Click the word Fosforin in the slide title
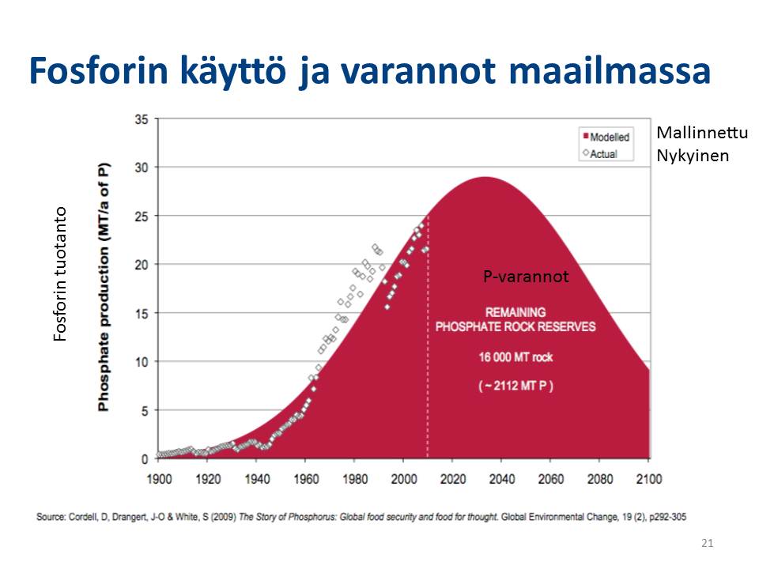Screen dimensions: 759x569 pos(98,70)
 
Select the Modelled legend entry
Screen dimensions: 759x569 pos(606,137)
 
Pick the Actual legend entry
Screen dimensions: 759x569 pos(600,154)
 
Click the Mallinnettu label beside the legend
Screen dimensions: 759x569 pos(702,132)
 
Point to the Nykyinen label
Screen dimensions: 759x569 pos(693,156)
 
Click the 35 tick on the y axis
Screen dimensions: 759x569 pos(142,119)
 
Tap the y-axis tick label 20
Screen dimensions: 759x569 pos(142,265)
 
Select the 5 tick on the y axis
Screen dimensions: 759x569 pos(145,411)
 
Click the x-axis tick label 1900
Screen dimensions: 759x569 pos(159,479)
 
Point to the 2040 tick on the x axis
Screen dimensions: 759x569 pos(502,479)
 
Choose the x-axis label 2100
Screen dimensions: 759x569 pos(648,479)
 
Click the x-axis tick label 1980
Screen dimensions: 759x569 pos(355,479)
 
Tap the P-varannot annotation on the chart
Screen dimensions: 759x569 pos(526,277)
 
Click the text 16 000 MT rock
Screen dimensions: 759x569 pos(515,357)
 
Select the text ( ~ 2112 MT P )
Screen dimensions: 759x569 pos(515,386)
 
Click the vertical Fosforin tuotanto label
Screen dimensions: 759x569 pos(59,274)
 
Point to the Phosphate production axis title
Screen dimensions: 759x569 pos(104,287)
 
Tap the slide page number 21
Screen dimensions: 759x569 pos(707,543)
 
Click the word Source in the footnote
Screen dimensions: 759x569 pos(51,517)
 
